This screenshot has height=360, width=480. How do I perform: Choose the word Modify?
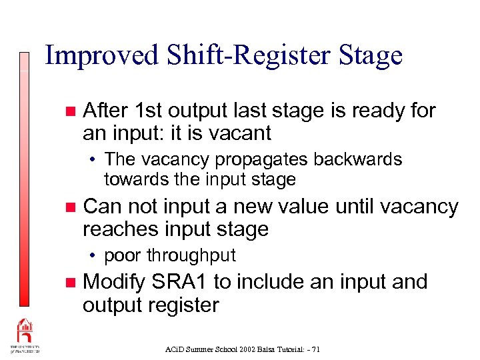[115, 282]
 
